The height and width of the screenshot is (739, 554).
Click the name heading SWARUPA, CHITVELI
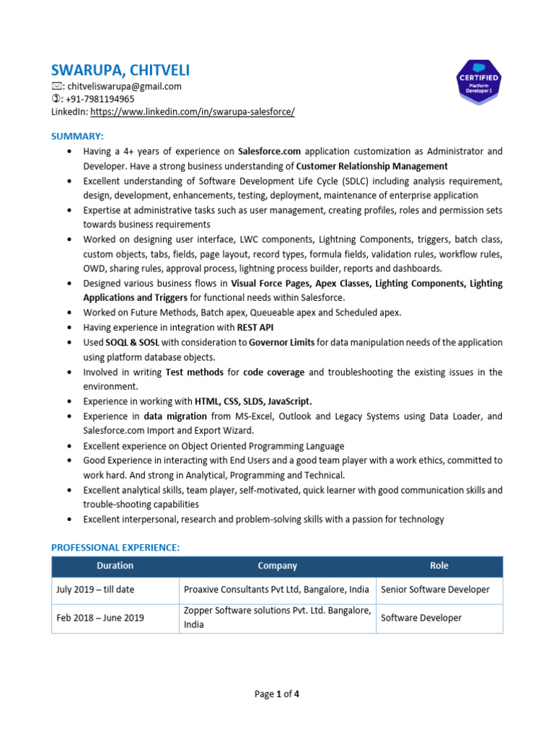(120, 70)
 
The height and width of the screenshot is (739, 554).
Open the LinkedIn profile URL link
(193, 112)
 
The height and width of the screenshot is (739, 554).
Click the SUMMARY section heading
(77, 136)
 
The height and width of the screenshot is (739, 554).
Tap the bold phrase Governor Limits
(282, 342)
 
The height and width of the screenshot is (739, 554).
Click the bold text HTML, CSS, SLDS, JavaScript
(253, 401)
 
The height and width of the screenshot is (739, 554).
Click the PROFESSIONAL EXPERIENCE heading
(115, 548)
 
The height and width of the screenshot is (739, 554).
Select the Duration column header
(115, 567)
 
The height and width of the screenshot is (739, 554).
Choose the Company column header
(277, 567)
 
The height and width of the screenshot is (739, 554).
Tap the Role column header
(439, 567)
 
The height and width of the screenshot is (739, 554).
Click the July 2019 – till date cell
(95, 590)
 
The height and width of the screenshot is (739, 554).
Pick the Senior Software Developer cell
(435, 590)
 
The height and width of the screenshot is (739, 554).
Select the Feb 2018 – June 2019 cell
(100, 618)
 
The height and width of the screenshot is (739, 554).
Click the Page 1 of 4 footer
(277, 694)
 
